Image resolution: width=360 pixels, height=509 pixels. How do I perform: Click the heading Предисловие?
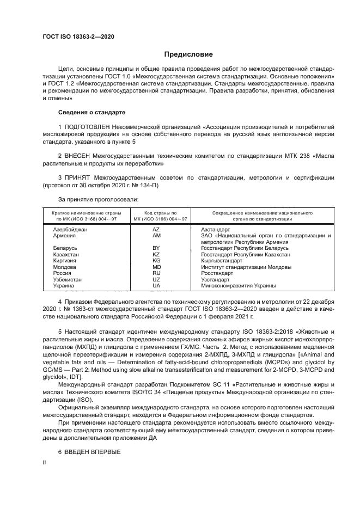pyautogui.click(x=189, y=54)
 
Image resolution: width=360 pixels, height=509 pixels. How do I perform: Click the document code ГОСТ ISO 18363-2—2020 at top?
pyautogui.click(x=79, y=36)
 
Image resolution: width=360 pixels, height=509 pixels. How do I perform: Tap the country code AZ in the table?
pyautogui.click(x=156, y=230)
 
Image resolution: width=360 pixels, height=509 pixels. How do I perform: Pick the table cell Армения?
pyautogui.click(x=64, y=236)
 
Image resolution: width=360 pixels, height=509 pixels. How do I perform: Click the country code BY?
pyautogui.click(x=156, y=248)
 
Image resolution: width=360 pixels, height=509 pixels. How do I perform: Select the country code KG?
pyautogui.click(x=156, y=261)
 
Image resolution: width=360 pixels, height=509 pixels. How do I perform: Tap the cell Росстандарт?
pyautogui.click(x=217, y=273)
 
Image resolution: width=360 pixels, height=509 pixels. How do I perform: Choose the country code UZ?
pyautogui.click(x=156, y=279)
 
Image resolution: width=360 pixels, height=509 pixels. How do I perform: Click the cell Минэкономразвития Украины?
pyautogui.click(x=238, y=286)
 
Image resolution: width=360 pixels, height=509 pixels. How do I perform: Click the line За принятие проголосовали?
pyautogui.click(x=90, y=200)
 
